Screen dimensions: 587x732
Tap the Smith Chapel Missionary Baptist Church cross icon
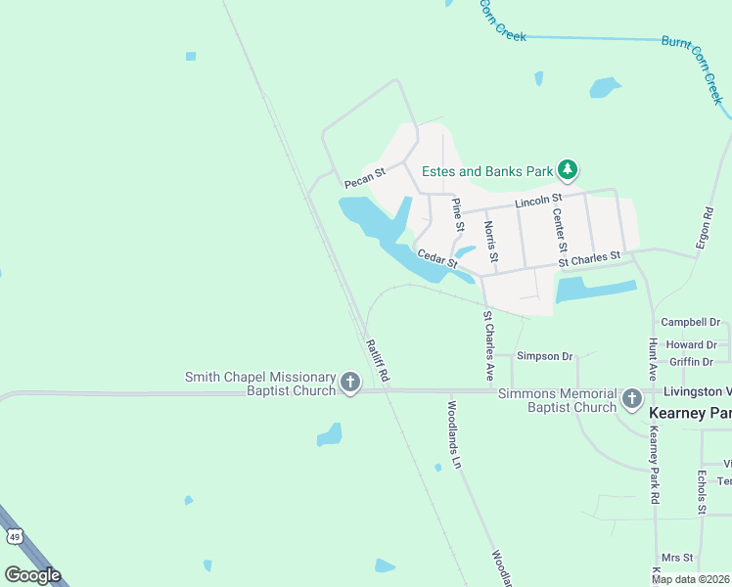351,384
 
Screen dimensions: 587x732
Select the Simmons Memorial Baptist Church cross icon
631,399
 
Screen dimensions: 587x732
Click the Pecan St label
365,177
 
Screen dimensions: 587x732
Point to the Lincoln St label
537,203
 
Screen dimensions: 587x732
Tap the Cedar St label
437,258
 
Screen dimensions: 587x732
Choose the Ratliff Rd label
378,359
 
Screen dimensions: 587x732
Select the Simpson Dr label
544,356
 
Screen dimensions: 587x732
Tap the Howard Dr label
692,345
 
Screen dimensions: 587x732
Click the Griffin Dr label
692,361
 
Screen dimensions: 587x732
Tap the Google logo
32,574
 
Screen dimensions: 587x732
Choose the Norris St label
491,243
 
